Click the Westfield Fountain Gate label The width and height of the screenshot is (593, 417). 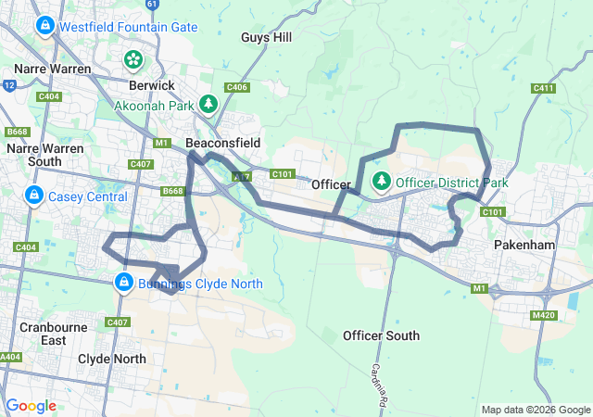[x=128, y=27]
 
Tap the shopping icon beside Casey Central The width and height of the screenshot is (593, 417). [x=33, y=196]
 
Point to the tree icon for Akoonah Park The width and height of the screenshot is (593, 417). [x=209, y=102]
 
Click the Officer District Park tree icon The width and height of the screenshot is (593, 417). [x=380, y=180]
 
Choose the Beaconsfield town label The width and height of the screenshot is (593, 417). [x=222, y=143]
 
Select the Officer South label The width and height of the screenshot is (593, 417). [x=381, y=335]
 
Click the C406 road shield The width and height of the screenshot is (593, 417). [x=236, y=87]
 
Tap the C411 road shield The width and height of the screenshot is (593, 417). [x=544, y=88]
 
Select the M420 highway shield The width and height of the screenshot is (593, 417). [x=544, y=316]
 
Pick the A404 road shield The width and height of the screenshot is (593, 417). [x=10, y=357]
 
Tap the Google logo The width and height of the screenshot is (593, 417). [x=31, y=406]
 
